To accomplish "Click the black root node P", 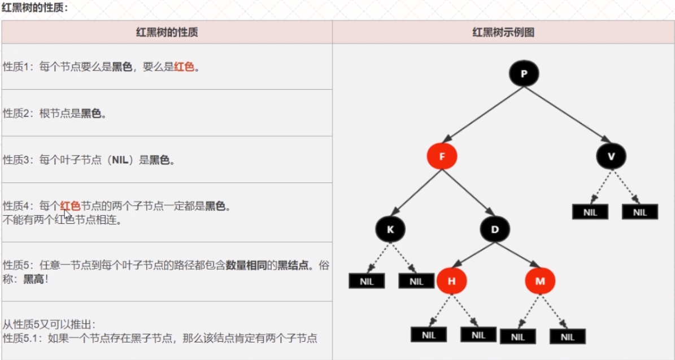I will (x=524, y=73).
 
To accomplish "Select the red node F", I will (x=441, y=155).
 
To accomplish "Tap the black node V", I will (x=611, y=155).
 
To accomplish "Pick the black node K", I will (x=390, y=229).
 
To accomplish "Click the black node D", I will (x=495, y=229).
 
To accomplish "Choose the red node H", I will (x=451, y=281).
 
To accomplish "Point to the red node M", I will (x=540, y=281).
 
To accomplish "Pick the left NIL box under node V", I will (x=590, y=212).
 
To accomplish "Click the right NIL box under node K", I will (x=416, y=281).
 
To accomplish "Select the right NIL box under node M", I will (x=568, y=337).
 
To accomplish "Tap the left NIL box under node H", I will (x=429, y=335).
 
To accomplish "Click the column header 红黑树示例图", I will (x=503, y=33).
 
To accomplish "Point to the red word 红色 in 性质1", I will (x=184, y=67).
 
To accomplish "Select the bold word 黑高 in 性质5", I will (x=33, y=279).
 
